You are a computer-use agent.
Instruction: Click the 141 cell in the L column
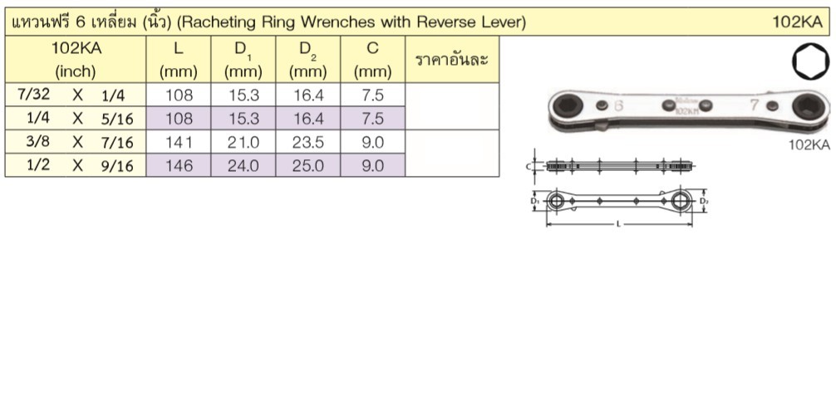coord(179,142)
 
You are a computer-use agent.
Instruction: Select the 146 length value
coord(179,166)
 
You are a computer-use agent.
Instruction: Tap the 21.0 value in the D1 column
coord(243,142)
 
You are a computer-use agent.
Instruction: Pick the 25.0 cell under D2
coord(308,166)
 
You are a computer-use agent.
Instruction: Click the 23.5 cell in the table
coord(308,142)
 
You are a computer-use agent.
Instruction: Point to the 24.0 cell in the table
coord(243,166)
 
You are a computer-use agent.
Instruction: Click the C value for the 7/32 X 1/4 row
coord(372,95)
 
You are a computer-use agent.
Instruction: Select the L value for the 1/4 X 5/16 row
coord(179,118)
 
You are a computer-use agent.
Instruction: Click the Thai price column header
coord(451,60)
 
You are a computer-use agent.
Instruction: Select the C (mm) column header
coord(372,60)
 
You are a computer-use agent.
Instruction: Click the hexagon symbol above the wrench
coord(810,61)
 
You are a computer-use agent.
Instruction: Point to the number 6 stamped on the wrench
coord(618,105)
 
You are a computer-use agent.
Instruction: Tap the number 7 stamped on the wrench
coord(755,105)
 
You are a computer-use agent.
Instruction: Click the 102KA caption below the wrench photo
coord(809,145)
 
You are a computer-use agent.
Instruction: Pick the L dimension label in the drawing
coord(618,224)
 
